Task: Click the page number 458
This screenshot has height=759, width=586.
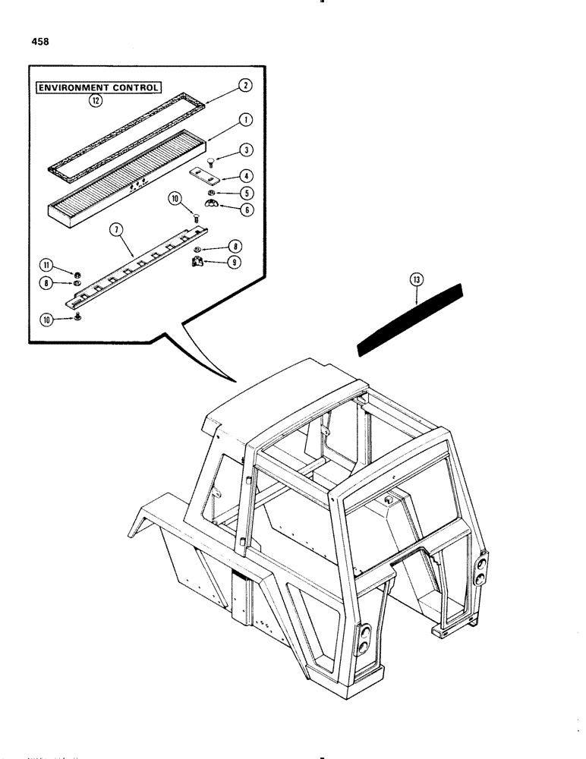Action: pyautogui.click(x=39, y=43)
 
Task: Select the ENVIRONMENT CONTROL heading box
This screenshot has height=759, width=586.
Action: pyautogui.click(x=100, y=88)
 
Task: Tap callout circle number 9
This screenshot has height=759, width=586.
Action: pyautogui.click(x=235, y=263)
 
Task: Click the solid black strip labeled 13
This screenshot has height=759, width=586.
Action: pyautogui.click(x=410, y=319)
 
